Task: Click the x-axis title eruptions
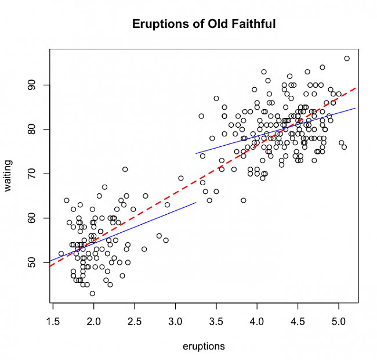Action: [204, 347]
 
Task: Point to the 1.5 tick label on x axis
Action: [53, 320]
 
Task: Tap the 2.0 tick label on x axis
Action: [93, 320]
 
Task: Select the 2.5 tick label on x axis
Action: [135, 320]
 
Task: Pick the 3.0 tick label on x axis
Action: [175, 320]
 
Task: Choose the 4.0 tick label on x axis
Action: [257, 320]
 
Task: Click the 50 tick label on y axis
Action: [31, 262]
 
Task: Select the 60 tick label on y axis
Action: [31, 218]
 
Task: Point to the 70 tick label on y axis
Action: [31, 174]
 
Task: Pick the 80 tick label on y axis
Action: [31, 129]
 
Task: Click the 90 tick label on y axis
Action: [31, 85]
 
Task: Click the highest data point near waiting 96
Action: [347, 59]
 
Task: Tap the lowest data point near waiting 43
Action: [92, 293]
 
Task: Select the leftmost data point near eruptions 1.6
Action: [61, 253]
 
